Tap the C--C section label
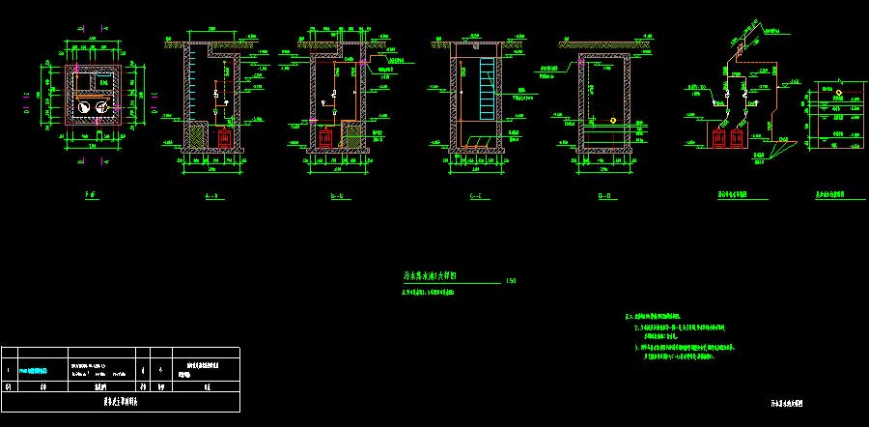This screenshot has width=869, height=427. tap(473, 196)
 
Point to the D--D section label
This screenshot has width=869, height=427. tap(605, 196)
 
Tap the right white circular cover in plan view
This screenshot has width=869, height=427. tap(101, 107)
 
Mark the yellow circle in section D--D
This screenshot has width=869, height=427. tap(613, 121)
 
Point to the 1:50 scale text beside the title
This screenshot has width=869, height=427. tap(511, 281)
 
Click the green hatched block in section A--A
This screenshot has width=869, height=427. tap(199, 136)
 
